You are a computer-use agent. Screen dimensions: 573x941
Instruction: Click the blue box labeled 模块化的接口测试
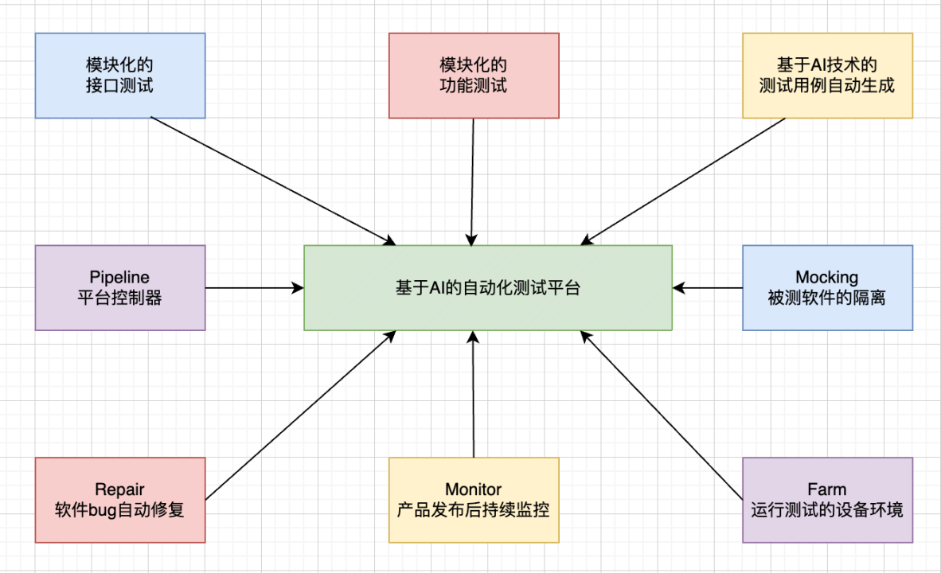(x=120, y=76)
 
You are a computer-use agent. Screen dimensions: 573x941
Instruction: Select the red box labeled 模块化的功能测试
(x=474, y=76)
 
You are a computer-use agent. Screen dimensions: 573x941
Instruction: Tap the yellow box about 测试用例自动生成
(x=827, y=76)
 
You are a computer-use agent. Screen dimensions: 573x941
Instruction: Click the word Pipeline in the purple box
(x=120, y=277)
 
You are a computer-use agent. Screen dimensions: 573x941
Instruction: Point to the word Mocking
(x=827, y=277)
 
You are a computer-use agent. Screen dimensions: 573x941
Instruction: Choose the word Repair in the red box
(x=120, y=489)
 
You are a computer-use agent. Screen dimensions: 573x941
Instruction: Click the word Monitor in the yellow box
(x=474, y=489)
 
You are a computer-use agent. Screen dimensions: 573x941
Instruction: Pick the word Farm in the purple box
(x=827, y=489)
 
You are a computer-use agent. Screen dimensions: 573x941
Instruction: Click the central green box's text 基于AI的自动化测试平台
(x=488, y=288)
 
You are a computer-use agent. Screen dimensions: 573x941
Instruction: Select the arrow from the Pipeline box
(x=255, y=287)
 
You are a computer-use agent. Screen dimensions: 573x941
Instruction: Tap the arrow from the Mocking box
(x=708, y=287)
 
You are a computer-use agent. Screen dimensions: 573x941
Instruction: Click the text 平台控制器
(x=120, y=298)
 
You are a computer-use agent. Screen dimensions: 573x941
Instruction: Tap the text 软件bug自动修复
(x=120, y=510)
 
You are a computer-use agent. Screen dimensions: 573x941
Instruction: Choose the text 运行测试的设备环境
(x=827, y=510)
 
